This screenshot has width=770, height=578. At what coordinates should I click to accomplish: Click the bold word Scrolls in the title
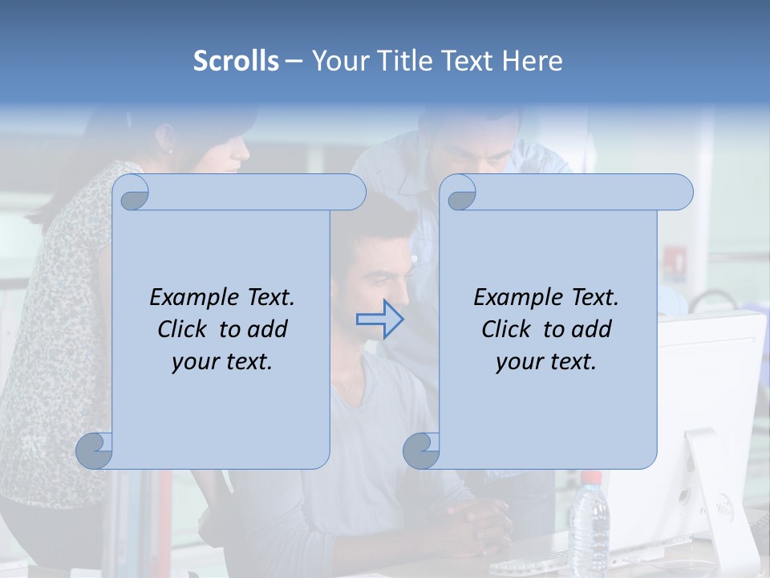(x=236, y=60)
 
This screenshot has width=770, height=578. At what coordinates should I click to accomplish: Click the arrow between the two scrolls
(x=379, y=319)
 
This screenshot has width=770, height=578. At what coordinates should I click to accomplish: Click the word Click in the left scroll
(x=184, y=329)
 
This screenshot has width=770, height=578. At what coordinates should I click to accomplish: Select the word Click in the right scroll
(x=509, y=329)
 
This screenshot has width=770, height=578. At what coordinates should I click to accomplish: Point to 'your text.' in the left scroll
(x=222, y=362)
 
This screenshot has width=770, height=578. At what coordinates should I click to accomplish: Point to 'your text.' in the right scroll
(x=546, y=362)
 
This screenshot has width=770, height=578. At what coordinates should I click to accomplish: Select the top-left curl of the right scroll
(x=460, y=193)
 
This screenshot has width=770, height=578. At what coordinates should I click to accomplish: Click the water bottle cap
(x=591, y=478)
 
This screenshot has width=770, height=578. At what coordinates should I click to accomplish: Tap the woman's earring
(x=170, y=150)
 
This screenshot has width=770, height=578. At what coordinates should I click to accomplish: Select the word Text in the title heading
(x=470, y=60)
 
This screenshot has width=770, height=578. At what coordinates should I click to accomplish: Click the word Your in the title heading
(x=342, y=60)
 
